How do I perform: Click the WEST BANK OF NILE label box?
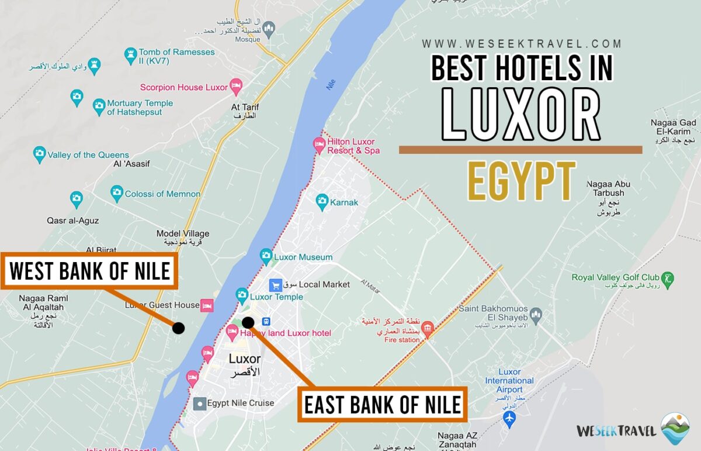(x=89, y=271)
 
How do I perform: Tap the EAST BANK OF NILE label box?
(x=383, y=404)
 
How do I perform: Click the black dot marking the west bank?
(x=179, y=328)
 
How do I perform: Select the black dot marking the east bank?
(x=248, y=322)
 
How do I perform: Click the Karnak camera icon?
(x=321, y=202)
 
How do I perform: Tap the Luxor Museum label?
(x=303, y=257)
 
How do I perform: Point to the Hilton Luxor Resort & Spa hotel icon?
(x=319, y=144)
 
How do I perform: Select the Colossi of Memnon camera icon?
(x=117, y=192)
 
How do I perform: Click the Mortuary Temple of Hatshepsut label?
(x=140, y=108)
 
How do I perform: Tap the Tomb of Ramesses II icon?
(x=131, y=56)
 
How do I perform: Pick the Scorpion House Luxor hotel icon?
(x=236, y=87)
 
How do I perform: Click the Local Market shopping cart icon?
(x=276, y=285)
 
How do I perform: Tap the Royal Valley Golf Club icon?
(x=668, y=278)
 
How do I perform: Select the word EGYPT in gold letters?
(x=521, y=182)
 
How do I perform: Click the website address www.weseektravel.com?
(x=522, y=44)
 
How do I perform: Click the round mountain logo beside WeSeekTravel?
(x=675, y=428)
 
